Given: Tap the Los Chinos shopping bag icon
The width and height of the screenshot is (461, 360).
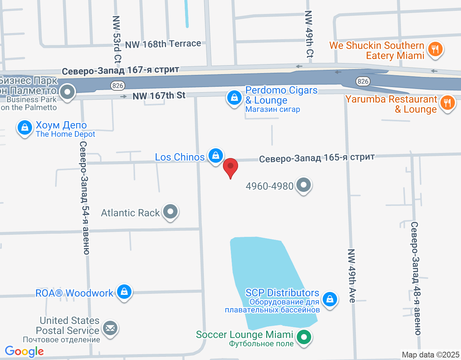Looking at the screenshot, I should coord(215,156).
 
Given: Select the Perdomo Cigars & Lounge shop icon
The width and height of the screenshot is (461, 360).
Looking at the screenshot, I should coord(234,98).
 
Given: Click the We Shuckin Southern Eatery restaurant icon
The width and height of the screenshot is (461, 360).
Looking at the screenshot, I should coord(435,49).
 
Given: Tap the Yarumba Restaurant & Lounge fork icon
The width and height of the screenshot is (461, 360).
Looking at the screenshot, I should coord(447,103).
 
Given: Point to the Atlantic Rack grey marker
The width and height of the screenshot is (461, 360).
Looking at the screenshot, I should coord(170,212).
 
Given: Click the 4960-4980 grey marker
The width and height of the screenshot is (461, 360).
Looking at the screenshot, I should coord(304,185).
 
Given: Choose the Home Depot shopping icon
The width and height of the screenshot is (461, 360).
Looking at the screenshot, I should coord(25,128).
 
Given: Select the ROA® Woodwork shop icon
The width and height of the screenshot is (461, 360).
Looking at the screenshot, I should coord(124,292).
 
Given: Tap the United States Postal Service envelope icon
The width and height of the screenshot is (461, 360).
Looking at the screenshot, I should coord(110,328).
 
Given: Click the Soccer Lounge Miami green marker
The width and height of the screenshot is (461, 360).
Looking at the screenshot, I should coord(304,337).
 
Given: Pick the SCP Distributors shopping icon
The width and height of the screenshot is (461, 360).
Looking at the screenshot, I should coord(330,299).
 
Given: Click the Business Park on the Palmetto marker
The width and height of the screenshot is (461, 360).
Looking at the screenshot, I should coord(67,92).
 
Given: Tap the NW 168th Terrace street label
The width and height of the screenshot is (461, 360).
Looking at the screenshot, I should coord(163,44).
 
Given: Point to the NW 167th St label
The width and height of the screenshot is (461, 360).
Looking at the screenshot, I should coord(159,96).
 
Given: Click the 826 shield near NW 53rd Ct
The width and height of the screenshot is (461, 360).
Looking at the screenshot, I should coord(118,86).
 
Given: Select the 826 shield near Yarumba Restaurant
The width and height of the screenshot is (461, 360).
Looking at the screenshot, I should coord(363,81).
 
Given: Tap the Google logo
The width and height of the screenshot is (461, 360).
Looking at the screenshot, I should coord(24,351).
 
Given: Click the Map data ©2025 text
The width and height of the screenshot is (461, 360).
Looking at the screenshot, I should coord(430,355).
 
